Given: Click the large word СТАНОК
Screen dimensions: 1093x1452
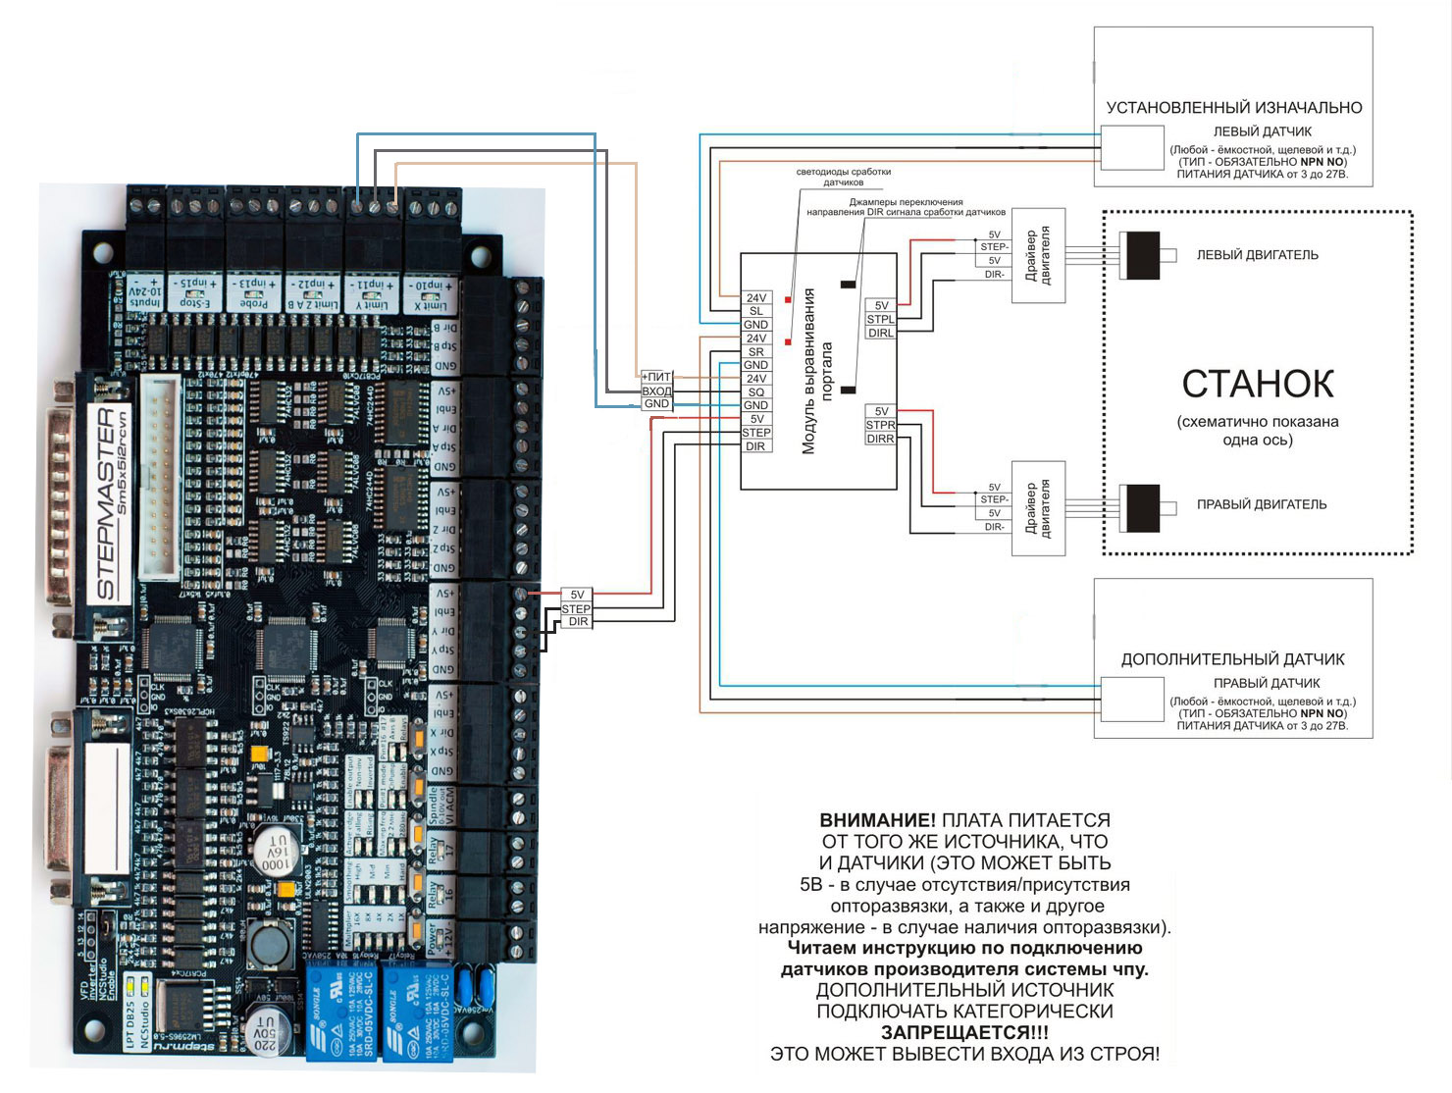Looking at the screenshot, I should pyautogui.click(x=1258, y=385).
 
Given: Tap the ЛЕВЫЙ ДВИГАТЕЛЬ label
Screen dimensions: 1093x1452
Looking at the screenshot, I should pyautogui.click(x=1257, y=255).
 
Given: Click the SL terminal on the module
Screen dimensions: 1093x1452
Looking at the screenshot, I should pyautogui.click(x=755, y=311).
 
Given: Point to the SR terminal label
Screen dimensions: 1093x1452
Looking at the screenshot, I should pyautogui.click(x=755, y=351).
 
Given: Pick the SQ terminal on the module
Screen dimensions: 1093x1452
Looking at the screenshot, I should pyautogui.click(x=755, y=391).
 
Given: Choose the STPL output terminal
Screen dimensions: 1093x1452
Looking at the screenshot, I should pyautogui.click(x=880, y=319).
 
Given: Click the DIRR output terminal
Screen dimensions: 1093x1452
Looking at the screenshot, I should pyautogui.click(x=880, y=439).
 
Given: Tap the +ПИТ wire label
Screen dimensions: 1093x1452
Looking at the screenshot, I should pyautogui.click(x=656, y=377).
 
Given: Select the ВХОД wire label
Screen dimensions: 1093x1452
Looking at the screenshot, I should pyautogui.click(x=656, y=390).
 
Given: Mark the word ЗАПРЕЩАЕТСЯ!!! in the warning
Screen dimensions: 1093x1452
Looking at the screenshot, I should pyautogui.click(x=964, y=1032).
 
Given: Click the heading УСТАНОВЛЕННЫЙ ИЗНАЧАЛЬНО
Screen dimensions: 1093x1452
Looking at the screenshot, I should pyautogui.click(x=1234, y=108).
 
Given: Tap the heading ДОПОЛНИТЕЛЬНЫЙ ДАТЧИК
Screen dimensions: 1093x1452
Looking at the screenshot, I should pyautogui.click(x=1232, y=659).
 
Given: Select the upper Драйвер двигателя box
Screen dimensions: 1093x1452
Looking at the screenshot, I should pyautogui.click(x=1038, y=256).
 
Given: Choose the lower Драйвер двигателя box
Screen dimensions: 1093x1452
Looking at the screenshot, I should pyautogui.click(x=1038, y=508).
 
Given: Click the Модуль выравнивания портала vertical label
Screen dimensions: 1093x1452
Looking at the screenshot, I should pyautogui.click(x=817, y=371).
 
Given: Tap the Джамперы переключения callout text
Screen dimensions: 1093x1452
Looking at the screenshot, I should pyautogui.click(x=906, y=206).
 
